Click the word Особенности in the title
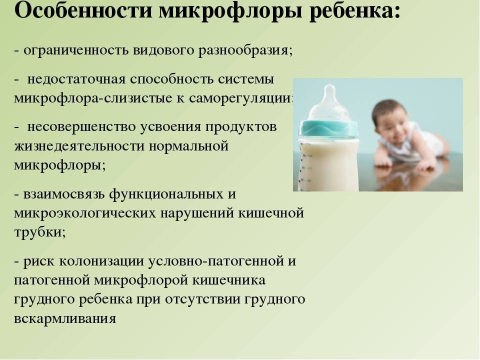83,11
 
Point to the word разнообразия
245,50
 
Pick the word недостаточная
76,79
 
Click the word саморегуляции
240,98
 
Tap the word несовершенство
81,127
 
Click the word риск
38,261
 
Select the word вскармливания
65,319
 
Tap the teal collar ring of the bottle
328,128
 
